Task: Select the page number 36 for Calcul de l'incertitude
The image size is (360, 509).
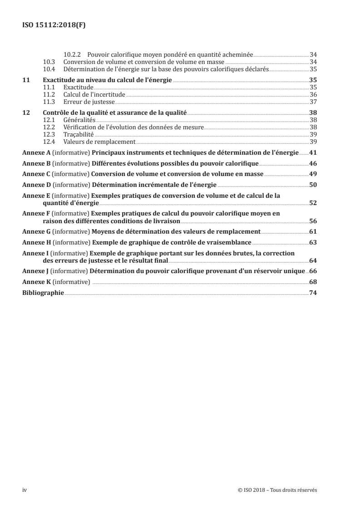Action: coord(313,94)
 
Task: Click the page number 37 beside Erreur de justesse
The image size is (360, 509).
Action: coord(313,101)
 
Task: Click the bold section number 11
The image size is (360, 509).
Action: coord(26,80)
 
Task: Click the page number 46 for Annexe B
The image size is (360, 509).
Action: coord(313,163)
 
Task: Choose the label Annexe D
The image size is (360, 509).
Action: coord(36,185)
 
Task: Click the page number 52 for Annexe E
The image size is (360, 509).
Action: coord(313,203)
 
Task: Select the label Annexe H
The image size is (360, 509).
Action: coord(36,242)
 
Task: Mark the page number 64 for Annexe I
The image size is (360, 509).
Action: coord(313,260)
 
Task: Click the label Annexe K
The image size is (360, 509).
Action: coord(36,282)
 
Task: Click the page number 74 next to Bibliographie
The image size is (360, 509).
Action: coord(313,293)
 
